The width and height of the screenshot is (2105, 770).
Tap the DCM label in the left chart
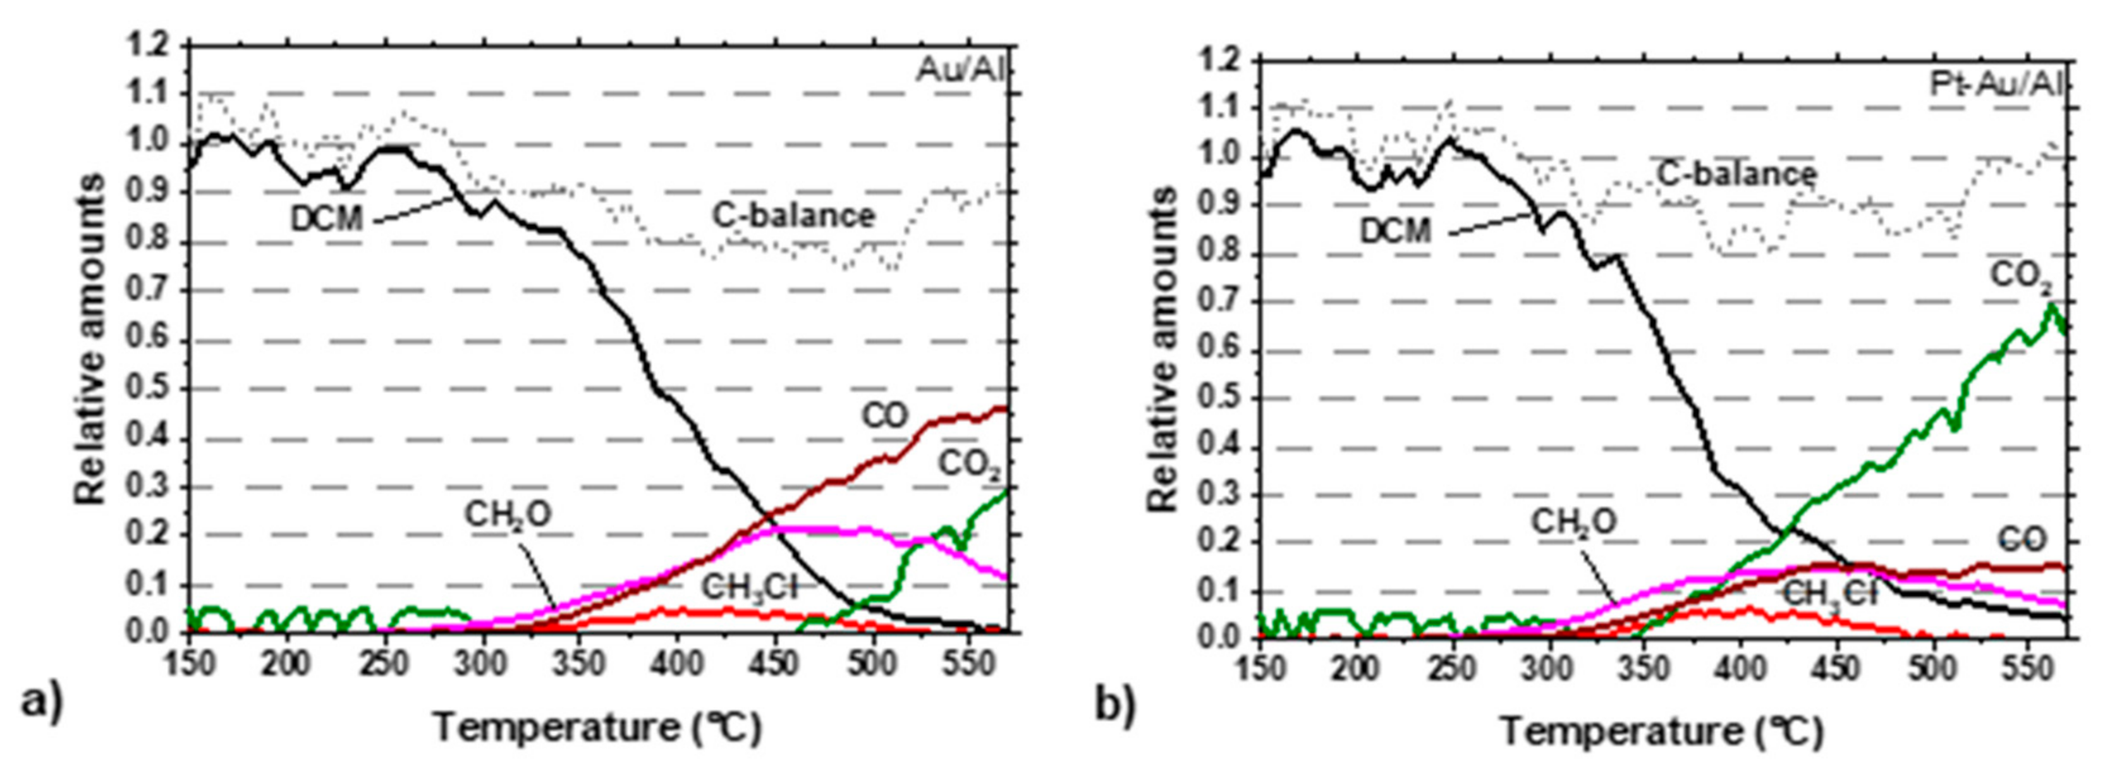326,219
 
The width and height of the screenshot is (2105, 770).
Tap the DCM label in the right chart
1395,232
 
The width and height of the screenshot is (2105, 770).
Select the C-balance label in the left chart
793,216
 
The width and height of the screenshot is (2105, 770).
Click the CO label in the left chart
885,416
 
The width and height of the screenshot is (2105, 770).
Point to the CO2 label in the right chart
2021,277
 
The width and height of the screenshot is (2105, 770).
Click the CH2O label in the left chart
508,516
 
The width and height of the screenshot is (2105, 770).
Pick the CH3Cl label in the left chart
748,588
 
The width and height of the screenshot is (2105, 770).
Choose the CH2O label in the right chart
1573,522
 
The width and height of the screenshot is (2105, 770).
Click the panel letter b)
1116,706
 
